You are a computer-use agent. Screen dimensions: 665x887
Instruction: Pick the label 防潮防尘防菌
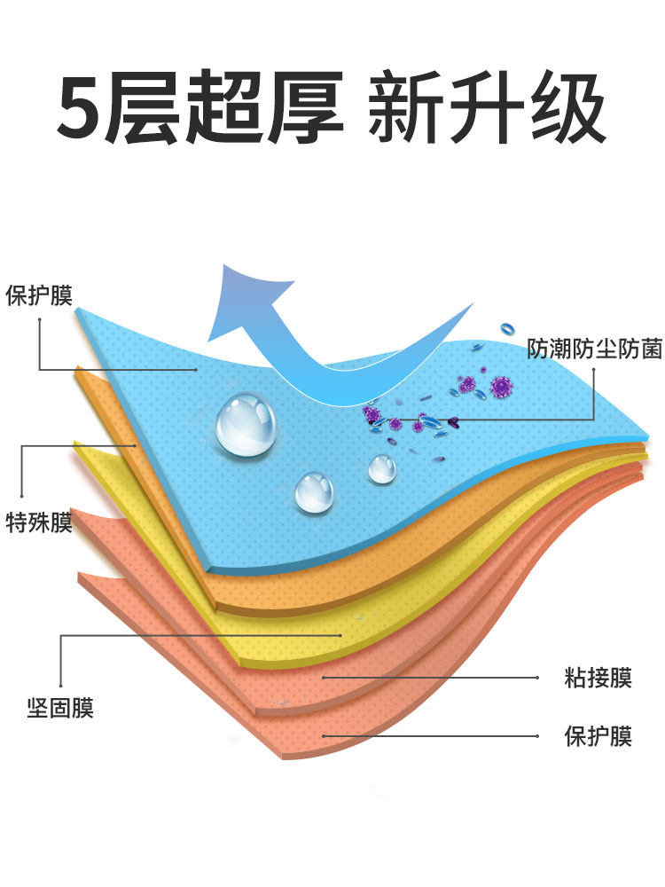pos(594,349)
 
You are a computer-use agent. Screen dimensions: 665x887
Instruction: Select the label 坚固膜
pos(59,709)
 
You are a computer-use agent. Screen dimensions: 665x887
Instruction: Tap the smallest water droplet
pos(382,467)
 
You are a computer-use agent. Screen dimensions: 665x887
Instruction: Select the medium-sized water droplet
pos(315,491)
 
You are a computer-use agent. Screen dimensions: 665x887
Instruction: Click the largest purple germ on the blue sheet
pos(502,386)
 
